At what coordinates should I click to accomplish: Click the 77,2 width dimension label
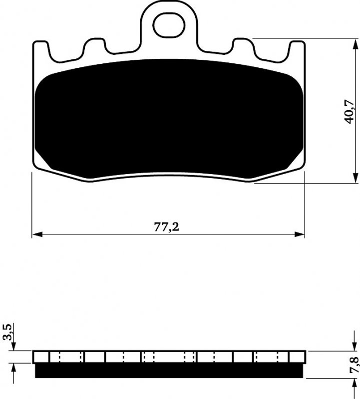pyautogui.click(x=166, y=226)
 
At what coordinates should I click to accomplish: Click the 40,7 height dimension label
pyautogui.click(x=349, y=111)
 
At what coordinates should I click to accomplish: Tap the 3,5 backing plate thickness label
pyautogui.click(x=7, y=332)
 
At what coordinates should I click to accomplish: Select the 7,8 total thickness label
pyautogui.click(x=355, y=365)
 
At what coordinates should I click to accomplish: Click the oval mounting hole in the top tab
pyautogui.click(x=169, y=25)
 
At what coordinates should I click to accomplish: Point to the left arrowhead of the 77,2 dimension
pyautogui.click(x=37, y=234)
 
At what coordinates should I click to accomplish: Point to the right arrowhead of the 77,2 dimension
pyautogui.click(x=300, y=234)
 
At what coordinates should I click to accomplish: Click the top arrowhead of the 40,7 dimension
pyautogui.click(x=356, y=44)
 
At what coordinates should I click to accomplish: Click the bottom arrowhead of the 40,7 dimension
pyautogui.click(x=356, y=178)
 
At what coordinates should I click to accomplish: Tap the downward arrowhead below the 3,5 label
pyautogui.click(x=13, y=346)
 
